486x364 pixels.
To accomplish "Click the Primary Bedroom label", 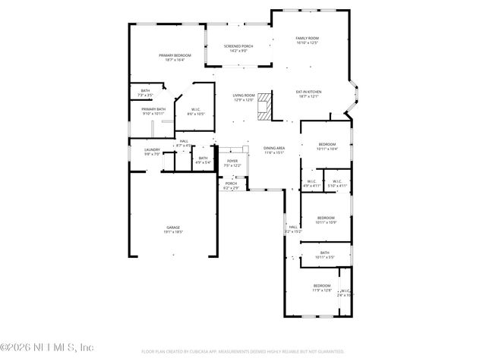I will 175,57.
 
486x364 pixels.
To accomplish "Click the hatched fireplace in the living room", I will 264,105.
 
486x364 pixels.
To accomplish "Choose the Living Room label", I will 244,97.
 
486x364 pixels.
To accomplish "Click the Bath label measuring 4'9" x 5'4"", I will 203,159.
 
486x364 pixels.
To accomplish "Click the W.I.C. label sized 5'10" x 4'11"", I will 338,183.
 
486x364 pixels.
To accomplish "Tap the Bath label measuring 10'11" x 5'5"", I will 324,255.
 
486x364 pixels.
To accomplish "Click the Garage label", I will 173,229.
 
